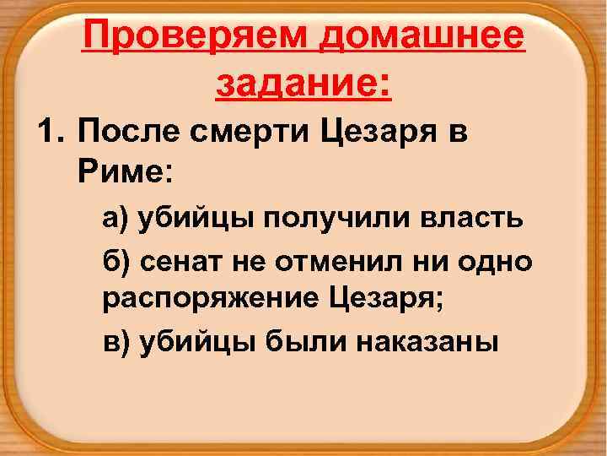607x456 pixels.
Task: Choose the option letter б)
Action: (116, 260)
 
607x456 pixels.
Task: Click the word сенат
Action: (178, 261)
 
